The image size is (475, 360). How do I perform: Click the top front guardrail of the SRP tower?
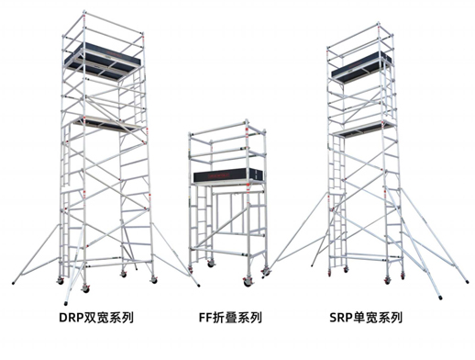(359, 26)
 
